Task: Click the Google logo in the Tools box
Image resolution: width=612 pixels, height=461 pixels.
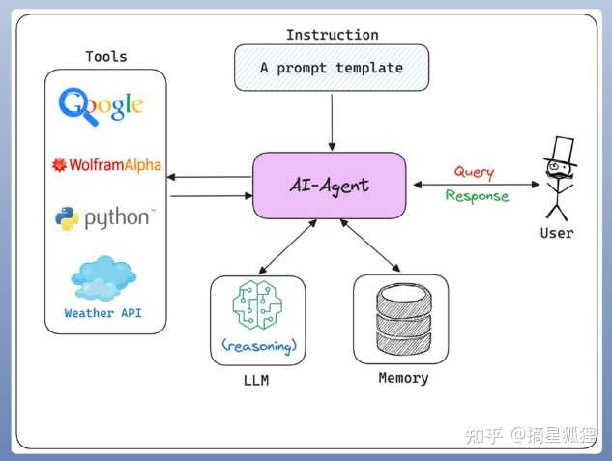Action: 101,106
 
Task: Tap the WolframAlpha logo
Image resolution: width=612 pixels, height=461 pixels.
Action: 106,165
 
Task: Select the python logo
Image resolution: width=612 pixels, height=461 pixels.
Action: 105,218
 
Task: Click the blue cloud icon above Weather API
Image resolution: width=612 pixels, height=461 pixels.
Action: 103,278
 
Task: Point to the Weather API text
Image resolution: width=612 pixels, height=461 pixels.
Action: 103,313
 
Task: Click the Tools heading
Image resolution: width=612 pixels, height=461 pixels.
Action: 106,57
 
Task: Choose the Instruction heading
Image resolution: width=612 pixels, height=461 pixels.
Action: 333,35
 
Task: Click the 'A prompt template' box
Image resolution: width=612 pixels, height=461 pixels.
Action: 332,68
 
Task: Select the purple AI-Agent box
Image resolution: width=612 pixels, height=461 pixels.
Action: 330,186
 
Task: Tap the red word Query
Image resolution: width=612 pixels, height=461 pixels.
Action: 474,172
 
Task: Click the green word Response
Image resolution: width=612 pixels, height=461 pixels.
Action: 477,196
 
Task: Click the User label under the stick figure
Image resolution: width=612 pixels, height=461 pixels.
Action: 557,233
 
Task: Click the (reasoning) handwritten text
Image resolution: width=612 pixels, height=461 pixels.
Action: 259,346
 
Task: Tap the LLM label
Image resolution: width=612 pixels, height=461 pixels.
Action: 256,380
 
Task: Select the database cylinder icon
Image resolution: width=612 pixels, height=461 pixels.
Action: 404,320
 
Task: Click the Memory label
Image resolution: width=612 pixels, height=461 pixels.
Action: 403,378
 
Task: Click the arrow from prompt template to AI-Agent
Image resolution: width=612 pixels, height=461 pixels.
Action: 332,122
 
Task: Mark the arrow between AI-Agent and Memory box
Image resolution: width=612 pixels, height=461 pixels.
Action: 370,245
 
